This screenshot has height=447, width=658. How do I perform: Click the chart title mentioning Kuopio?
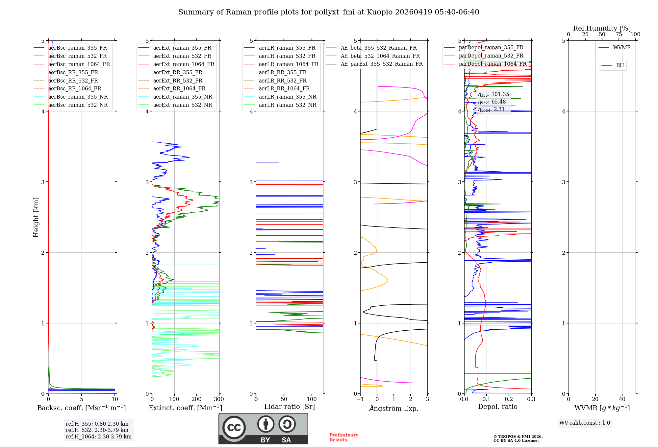[x=329, y=12]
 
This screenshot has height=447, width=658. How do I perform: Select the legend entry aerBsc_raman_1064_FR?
[x=79, y=64]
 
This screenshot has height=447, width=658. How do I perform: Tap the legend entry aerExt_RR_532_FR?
[x=178, y=81]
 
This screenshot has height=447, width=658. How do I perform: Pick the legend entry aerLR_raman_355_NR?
[x=287, y=97]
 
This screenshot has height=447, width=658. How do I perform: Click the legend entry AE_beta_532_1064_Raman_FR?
[x=380, y=56]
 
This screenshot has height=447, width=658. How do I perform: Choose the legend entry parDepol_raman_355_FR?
[x=491, y=48]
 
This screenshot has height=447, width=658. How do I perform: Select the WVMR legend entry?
[x=622, y=48]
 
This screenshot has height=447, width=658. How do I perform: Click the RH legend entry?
[x=620, y=65]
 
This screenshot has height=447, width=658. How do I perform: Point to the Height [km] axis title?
[x=36, y=217]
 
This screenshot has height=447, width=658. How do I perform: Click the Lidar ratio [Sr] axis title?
[x=290, y=407]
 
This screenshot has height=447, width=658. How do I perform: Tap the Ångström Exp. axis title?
[x=394, y=408]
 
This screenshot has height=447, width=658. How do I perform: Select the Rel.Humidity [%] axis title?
[x=602, y=28]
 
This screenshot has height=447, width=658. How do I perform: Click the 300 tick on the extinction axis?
[x=219, y=399]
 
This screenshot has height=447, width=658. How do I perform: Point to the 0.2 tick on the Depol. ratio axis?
[x=509, y=399]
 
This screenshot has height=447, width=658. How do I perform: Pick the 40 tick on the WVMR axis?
[x=622, y=399]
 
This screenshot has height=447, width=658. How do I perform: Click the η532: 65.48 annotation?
[x=492, y=102]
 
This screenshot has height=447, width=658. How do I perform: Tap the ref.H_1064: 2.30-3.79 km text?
[x=98, y=437]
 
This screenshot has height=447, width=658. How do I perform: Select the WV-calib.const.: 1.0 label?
[x=585, y=423]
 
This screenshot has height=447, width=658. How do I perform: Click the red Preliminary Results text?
[x=343, y=437]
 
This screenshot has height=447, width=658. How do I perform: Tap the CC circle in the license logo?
[x=234, y=428]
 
